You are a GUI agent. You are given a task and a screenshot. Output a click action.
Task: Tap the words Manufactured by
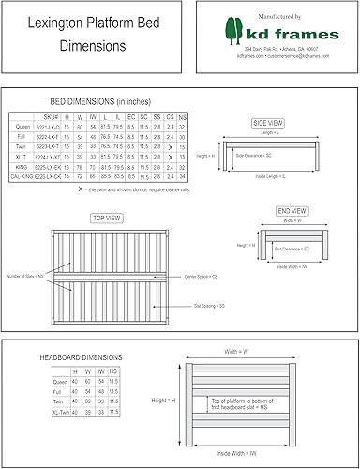click(277, 16)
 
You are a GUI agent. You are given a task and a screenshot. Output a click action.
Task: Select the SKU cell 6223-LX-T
click(52, 145)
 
